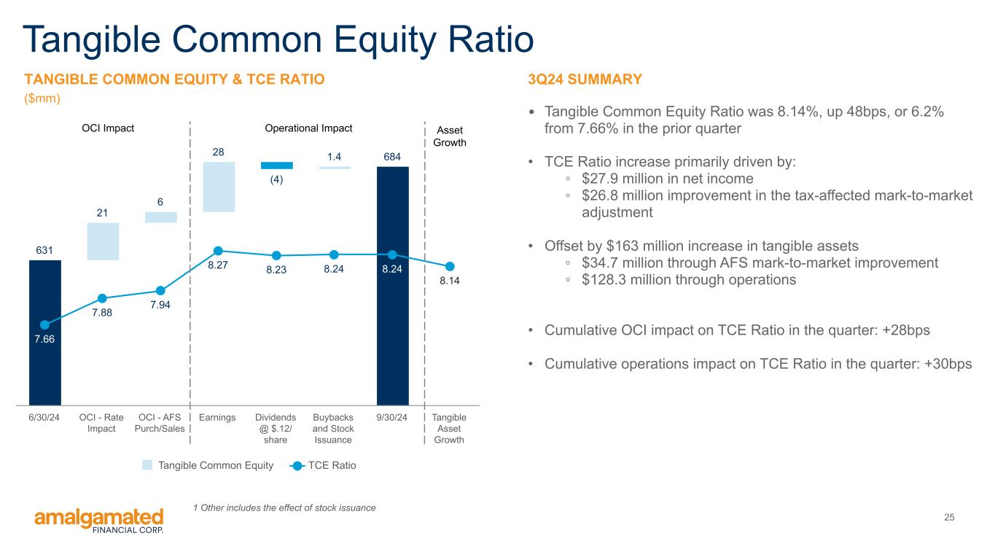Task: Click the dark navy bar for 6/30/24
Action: (x=45, y=332)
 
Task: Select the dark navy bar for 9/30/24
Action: (x=393, y=286)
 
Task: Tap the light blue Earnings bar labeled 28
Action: (x=219, y=187)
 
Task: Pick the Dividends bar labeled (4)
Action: (x=277, y=166)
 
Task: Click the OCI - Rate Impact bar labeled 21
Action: (x=103, y=241)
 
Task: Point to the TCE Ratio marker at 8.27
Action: (x=218, y=251)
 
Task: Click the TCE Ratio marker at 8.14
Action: (x=450, y=266)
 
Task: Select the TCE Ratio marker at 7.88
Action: (x=102, y=298)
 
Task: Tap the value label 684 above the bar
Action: (x=392, y=157)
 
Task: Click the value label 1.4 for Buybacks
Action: (x=334, y=157)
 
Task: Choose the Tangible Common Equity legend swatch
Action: (x=147, y=465)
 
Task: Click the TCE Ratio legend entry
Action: (x=323, y=465)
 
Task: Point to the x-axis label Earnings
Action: (x=217, y=417)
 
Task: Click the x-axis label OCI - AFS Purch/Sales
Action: (x=160, y=423)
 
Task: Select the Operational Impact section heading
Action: (x=309, y=128)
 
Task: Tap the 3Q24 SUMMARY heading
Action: (x=585, y=79)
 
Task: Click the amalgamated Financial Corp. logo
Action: (x=99, y=521)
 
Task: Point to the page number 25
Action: (x=949, y=517)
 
